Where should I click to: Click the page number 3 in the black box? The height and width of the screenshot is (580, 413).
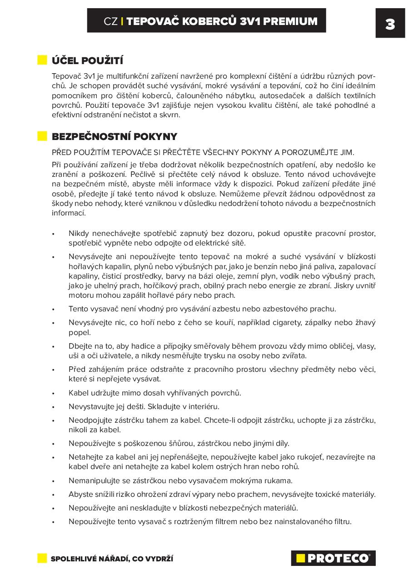point(390,24)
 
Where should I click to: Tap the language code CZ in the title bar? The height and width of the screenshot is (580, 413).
point(110,21)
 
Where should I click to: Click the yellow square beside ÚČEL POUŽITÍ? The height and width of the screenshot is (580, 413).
point(42,60)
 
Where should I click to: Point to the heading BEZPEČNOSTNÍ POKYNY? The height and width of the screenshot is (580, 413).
point(114,136)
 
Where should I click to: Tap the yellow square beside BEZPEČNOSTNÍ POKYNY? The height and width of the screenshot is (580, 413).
point(42,136)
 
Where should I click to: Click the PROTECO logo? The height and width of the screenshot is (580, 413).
point(333,558)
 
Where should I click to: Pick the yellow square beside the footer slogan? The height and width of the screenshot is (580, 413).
point(42,558)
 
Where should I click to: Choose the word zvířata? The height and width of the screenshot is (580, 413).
point(294,355)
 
